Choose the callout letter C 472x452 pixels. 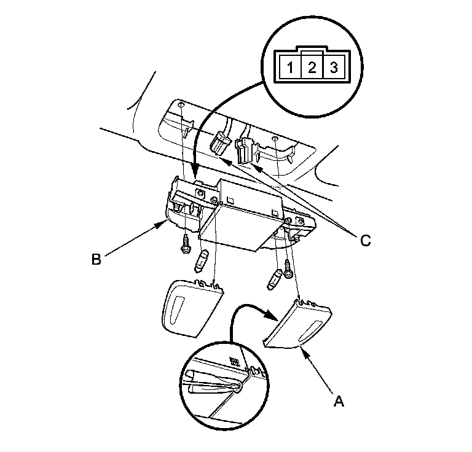click(365, 241)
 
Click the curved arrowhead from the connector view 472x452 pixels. click(194, 175)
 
